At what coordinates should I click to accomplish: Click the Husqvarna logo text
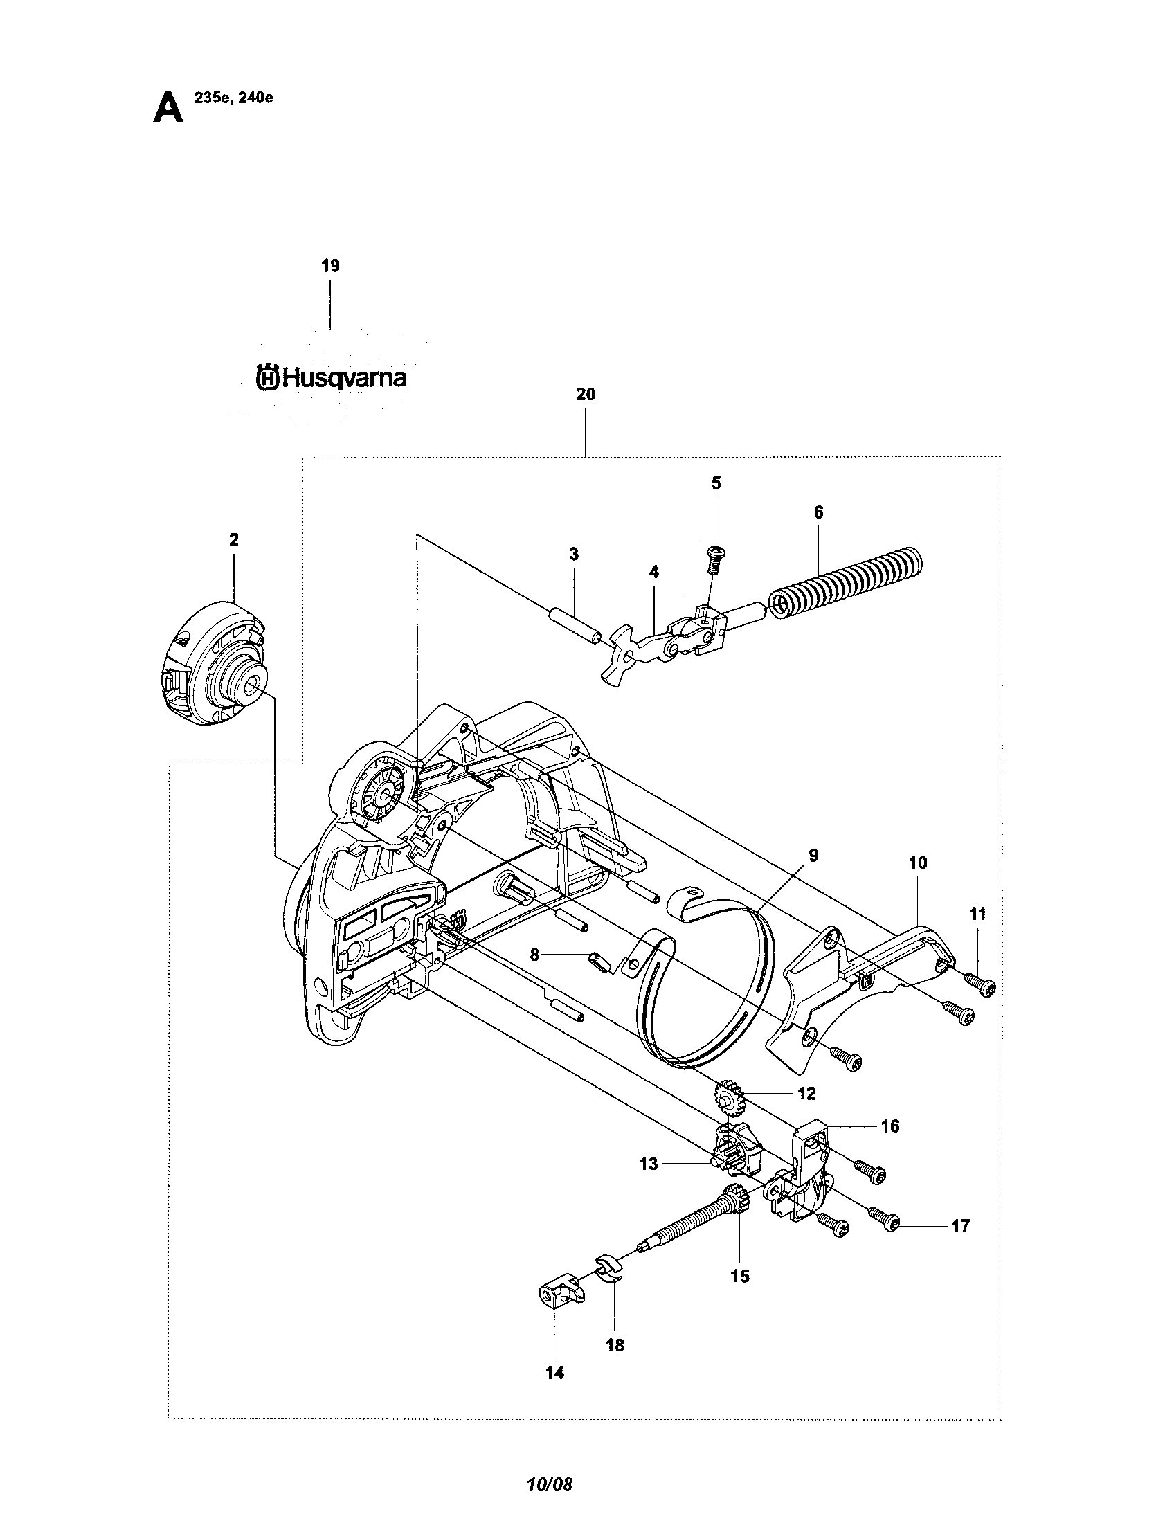tap(332, 378)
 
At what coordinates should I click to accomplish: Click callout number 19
tap(330, 266)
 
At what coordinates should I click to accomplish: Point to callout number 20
tap(586, 394)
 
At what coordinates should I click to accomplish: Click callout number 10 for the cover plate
tap(918, 863)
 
